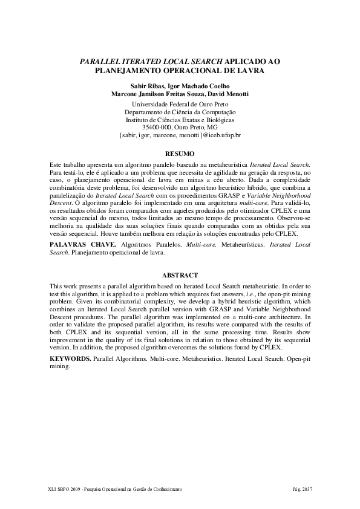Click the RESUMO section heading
tap(180, 154)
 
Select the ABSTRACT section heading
tap(180, 275)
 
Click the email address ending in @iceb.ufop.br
tap(180, 135)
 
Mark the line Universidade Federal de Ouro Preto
tap(180, 104)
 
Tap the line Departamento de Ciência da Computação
tap(180, 112)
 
